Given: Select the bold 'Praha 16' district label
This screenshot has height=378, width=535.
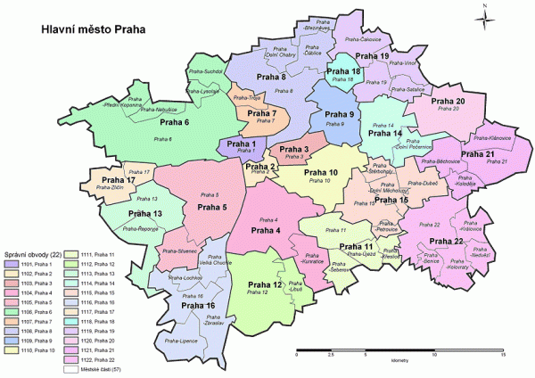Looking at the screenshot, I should [197, 306].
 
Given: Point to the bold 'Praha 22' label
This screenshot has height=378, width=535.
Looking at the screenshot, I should [445, 242].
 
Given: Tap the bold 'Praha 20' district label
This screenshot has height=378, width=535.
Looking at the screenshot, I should [448, 102].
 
